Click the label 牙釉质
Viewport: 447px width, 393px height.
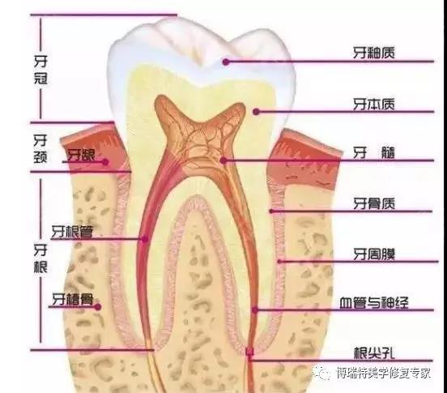(x=374, y=53)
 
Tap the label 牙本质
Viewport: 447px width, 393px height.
(x=374, y=104)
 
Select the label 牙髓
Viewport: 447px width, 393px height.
(x=374, y=153)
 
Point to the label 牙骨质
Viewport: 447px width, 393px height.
(x=374, y=203)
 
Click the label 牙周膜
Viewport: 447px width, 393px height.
(x=374, y=254)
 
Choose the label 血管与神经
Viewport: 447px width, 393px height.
(x=374, y=303)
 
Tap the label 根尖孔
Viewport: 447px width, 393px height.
(x=374, y=353)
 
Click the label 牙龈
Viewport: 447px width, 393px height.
(x=81, y=155)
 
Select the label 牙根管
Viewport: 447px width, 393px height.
(x=72, y=232)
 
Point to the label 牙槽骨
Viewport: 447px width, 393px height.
(x=72, y=300)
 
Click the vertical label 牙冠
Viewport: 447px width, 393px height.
(x=40, y=70)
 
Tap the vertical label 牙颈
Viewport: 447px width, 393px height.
(x=40, y=148)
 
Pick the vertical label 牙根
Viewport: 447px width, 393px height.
(x=40, y=258)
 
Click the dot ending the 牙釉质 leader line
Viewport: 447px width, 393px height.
(x=226, y=62)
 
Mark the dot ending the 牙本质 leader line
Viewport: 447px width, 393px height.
(x=256, y=112)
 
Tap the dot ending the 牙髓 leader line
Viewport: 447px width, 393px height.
(x=223, y=160)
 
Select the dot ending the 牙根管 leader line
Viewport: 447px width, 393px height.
(x=145, y=239)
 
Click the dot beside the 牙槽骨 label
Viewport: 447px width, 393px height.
(x=98, y=307)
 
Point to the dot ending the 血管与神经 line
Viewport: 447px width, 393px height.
(x=255, y=310)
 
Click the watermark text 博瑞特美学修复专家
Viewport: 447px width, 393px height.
(x=383, y=373)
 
